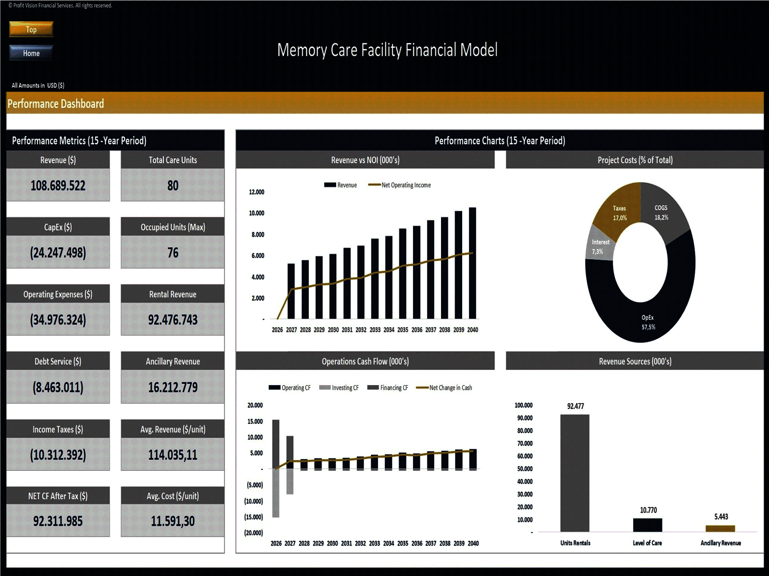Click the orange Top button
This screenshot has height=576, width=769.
(31, 30)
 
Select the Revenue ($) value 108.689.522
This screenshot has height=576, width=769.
(58, 186)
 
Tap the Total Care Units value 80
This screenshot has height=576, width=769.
(173, 186)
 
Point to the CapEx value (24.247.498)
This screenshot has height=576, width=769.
(58, 253)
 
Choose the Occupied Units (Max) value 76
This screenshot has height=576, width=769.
(173, 253)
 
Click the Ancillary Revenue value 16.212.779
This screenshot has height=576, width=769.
(173, 387)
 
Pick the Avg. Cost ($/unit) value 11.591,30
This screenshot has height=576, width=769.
(173, 521)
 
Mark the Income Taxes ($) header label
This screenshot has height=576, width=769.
(58, 429)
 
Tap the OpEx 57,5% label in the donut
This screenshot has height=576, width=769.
(648, 322)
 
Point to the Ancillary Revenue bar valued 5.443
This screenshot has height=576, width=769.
(720, 528)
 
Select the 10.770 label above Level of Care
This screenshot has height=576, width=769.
(648, 510)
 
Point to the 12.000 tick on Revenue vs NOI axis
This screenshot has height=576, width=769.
(257, 192)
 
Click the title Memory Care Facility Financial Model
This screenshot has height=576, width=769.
(387, 50)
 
